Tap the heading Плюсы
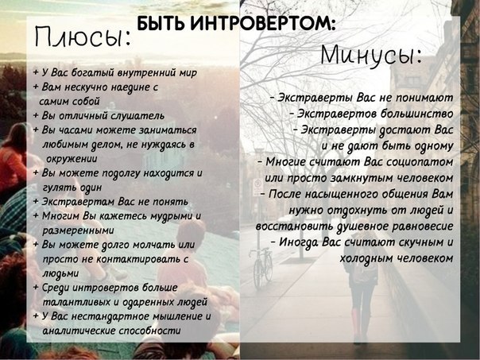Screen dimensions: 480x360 coord(83,37)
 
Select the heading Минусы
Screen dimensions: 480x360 coord(371,55)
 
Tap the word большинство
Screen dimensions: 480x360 coord(417,114)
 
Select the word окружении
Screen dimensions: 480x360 coord(72,159)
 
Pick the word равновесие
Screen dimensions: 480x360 coord(423,226)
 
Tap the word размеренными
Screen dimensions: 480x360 coord(78,230)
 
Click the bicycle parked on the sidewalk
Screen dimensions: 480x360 coord(261,267)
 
